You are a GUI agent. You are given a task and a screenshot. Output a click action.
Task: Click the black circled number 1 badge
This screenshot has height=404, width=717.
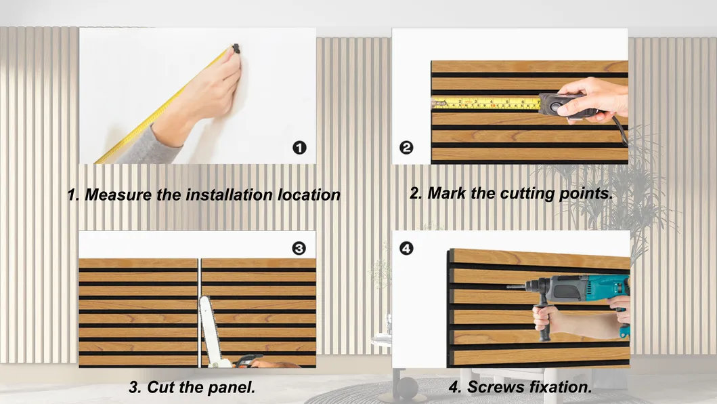(300, 147)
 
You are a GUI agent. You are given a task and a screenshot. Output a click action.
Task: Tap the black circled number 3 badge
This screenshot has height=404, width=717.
(299, 248)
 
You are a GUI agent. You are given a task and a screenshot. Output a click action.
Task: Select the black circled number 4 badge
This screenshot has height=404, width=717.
(406, 248)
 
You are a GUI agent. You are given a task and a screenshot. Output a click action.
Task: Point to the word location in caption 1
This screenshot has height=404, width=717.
(309, 195)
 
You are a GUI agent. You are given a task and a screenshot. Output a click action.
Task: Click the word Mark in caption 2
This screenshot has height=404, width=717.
(446, 193)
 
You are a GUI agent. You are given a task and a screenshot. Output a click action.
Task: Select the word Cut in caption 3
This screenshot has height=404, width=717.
(162, 388)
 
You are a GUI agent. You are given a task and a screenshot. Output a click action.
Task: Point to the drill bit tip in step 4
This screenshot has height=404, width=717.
(508, 287)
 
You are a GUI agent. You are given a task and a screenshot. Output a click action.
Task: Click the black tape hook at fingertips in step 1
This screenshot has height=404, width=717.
(236, 49)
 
